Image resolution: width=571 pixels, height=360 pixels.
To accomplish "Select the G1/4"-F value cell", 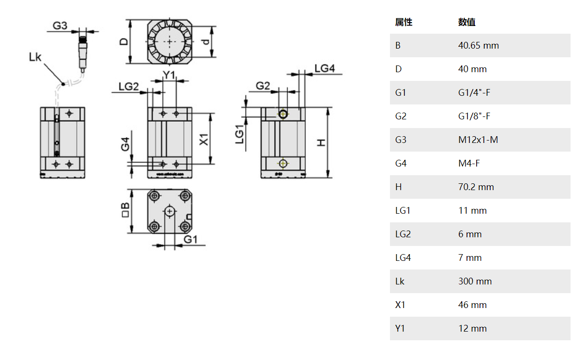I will tap(474, 92).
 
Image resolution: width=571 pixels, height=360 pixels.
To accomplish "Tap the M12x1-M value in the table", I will tap(478, 140).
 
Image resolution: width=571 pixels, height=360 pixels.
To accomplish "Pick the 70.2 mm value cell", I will tap(476, 187).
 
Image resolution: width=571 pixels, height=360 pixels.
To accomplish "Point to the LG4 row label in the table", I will tap(403, 257).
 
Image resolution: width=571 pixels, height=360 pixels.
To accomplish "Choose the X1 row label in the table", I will tap(400, 305).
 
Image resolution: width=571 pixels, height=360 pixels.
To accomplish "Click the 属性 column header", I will tap(403, 22).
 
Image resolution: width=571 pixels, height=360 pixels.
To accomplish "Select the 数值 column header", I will tap(467, 22).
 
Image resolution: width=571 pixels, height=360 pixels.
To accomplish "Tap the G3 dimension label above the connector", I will tap(60, 26).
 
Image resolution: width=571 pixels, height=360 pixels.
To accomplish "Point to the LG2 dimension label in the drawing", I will tap(129, 86).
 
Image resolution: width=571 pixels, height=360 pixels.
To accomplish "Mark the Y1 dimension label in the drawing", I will tap(169, 75).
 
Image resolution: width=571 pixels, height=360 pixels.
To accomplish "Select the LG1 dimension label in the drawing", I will tap(239, 135).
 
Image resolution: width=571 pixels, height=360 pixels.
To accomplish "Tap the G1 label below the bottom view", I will tap(191, 239).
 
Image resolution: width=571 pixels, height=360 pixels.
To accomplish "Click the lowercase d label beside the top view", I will tap(207, 42).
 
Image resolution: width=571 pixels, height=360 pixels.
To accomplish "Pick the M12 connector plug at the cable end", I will tap(83, 48).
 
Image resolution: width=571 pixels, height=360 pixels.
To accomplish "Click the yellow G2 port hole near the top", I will tap(283, 114).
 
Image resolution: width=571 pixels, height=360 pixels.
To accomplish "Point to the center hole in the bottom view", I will tap(169, 211).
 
